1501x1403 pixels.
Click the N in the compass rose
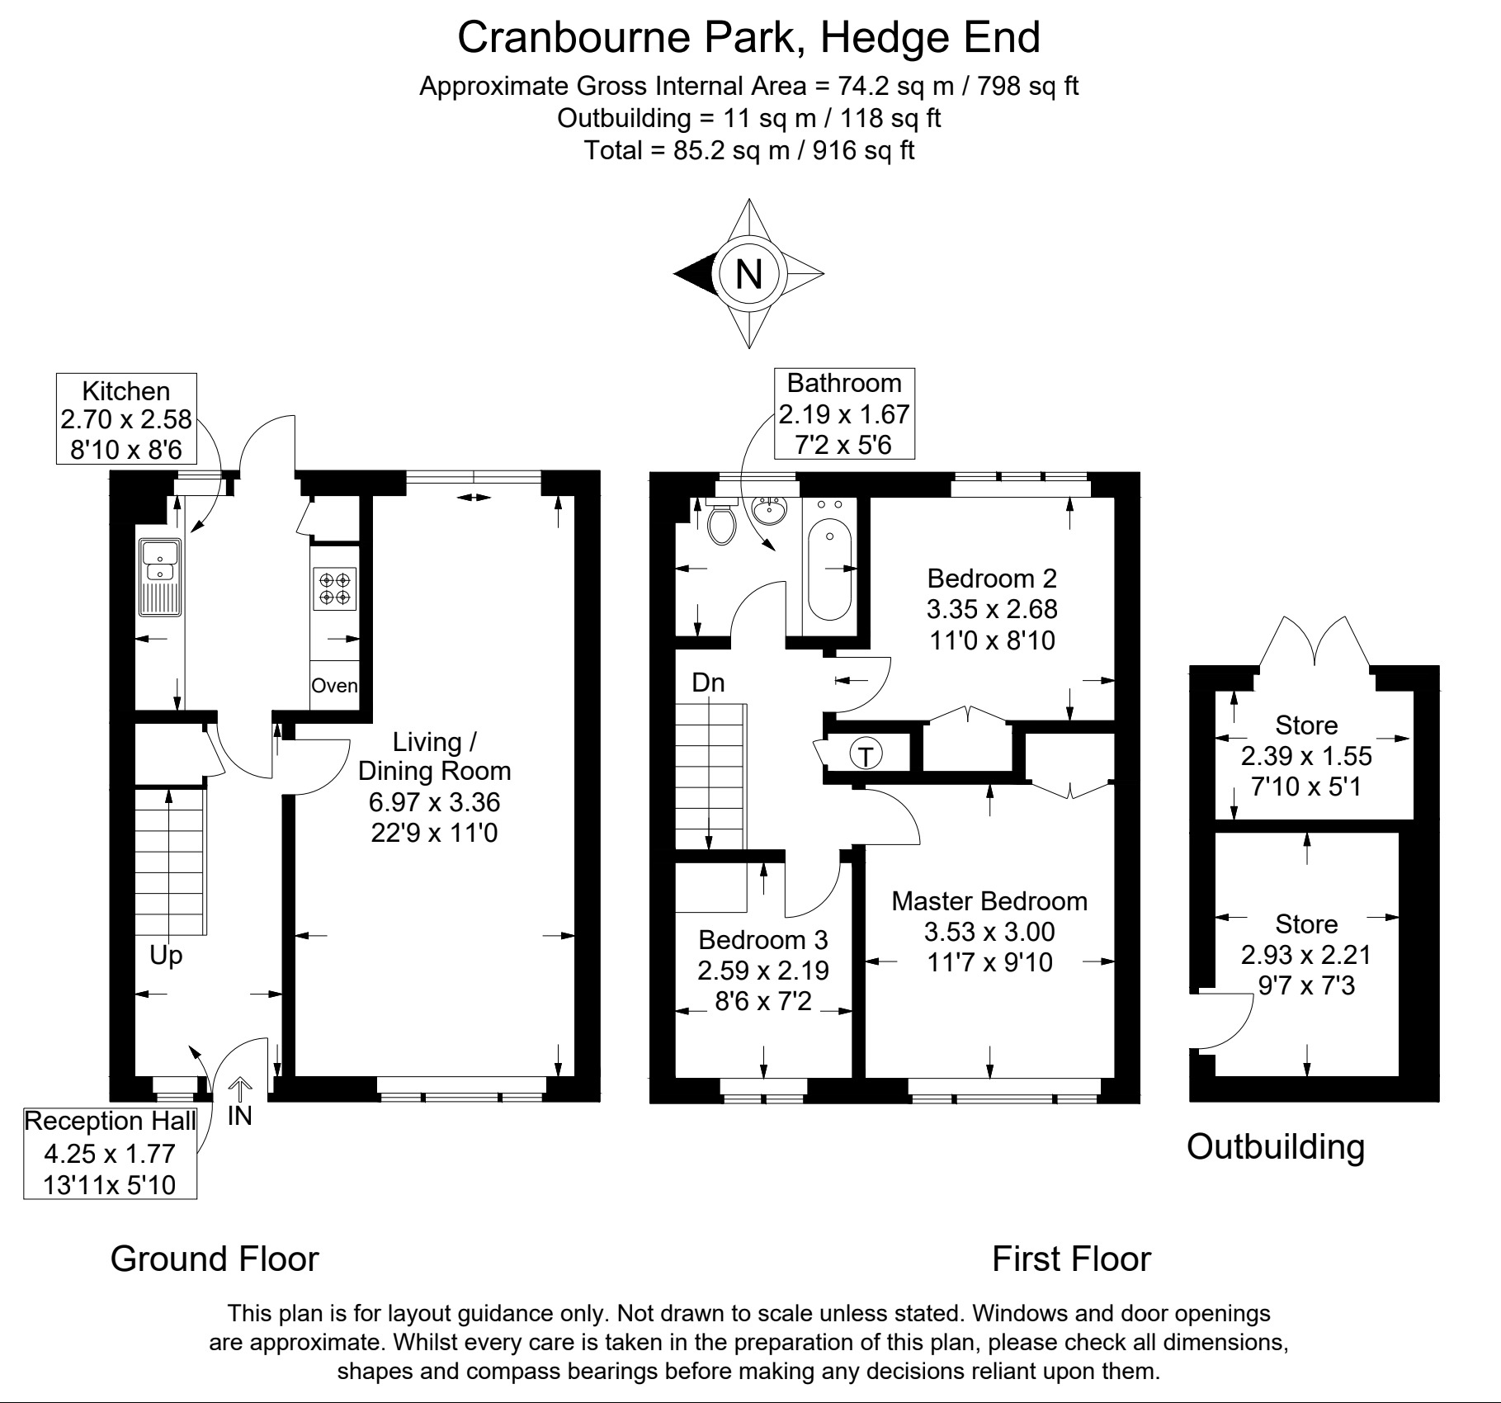(748, 273)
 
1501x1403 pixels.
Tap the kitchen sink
(160, 577)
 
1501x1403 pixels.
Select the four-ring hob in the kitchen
(335, 588)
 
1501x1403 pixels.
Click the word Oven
(334, 686)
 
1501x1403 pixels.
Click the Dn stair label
(708, 683)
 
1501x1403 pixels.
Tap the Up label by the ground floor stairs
(166, 956)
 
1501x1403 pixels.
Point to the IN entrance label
(239, 1116)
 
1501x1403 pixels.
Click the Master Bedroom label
(989, 900)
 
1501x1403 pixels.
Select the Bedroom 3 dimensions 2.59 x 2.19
(763, 971)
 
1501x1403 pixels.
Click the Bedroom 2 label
(992, 578)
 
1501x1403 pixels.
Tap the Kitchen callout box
(126, 418)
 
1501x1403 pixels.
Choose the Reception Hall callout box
(110, 1154)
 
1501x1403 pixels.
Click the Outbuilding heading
(1276, 1146)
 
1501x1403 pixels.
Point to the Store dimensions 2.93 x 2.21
(1306, 955)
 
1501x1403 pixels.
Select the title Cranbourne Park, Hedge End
(748, 37)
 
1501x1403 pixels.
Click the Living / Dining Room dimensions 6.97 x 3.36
(434, 801)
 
